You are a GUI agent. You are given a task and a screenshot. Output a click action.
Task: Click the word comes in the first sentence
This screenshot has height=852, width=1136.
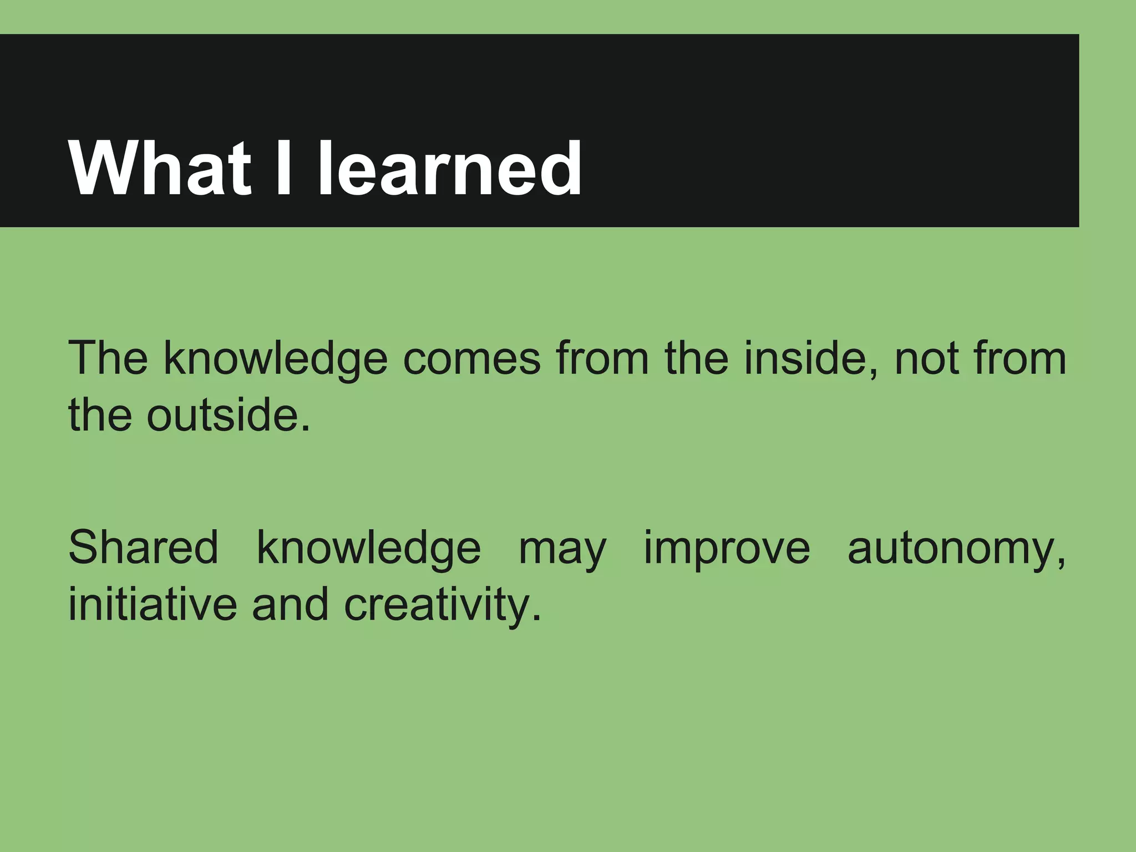471,359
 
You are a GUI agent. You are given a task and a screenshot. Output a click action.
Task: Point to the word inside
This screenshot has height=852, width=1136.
810,359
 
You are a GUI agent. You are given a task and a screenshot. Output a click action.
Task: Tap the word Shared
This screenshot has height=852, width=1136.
143,548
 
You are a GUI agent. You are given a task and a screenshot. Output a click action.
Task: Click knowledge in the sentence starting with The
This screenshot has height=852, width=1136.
275,360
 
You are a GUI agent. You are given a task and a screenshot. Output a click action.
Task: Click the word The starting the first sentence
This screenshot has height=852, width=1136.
108,359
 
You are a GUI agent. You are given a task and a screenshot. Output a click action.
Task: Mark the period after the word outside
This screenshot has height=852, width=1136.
305,430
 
